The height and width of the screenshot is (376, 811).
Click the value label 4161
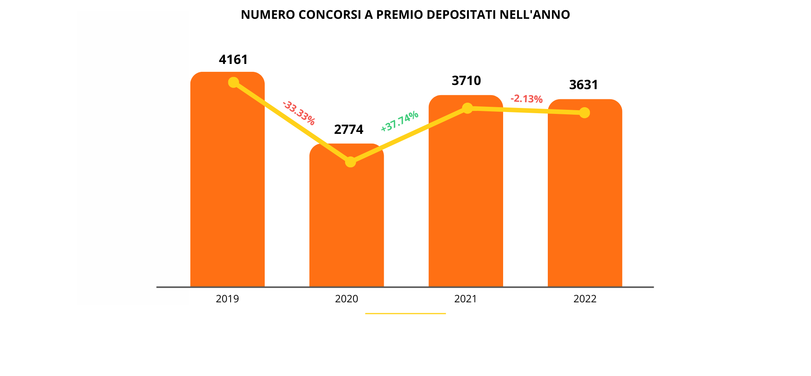tap(233, 60)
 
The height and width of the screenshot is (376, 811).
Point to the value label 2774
tap(348, 130)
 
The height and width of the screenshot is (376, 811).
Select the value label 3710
tap(466, 81)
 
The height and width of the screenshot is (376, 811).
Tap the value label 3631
tap(583, 85)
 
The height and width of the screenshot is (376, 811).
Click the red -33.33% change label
tap(299, 113)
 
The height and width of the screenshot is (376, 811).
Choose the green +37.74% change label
tap(399, 121)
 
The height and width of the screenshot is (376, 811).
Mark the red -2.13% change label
tap(526, 99)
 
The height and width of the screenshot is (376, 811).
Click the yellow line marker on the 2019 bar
tap(234, 82)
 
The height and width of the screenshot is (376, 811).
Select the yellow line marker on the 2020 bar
tap(350, 162)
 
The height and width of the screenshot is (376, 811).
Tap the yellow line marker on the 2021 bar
tap(467, 108)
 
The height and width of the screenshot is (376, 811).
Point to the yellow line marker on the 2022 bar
tap(584, 113)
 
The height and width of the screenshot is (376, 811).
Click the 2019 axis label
tap(227, 299)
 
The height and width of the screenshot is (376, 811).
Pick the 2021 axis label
tap(466, 299)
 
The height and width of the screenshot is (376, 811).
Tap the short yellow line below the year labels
tap(405, 313)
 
